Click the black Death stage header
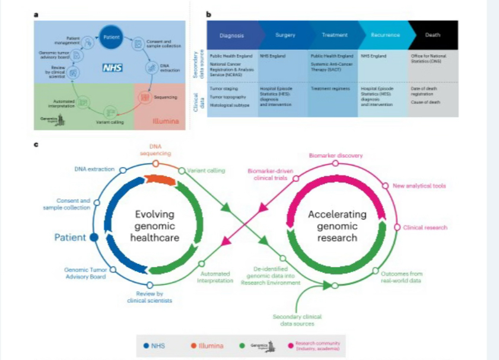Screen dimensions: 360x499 [433, 35]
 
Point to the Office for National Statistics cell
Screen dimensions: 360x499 [433, 59]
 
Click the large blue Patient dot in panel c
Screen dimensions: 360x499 [93, 238]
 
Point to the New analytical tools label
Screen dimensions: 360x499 [419, 186]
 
